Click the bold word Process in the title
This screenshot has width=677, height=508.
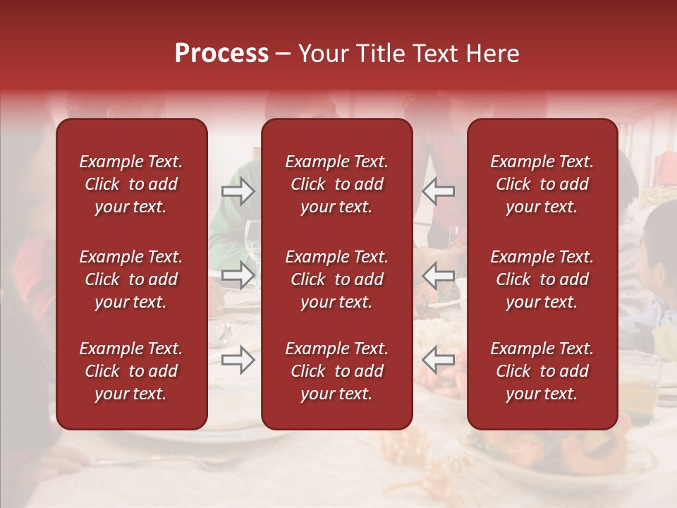point(221,54)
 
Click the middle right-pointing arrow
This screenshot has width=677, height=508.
point(238,275)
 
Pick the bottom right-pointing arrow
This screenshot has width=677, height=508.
point(238,360)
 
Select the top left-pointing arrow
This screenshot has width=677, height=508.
point(439,190)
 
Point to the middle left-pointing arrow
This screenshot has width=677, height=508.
point(439,275)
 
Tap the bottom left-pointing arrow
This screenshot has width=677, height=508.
point(439,360)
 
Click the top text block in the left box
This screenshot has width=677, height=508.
point(131,184)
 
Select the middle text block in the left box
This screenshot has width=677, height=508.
point(131,279)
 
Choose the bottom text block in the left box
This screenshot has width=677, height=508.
point(131,371)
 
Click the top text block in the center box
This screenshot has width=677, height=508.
point(336,184)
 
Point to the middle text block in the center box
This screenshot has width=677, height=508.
point(336,279)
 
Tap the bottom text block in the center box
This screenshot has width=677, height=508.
point(336,371)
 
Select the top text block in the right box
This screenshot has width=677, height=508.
point(542,184)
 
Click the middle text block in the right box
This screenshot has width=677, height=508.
point(542,279)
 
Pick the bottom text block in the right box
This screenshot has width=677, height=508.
point(542,371)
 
